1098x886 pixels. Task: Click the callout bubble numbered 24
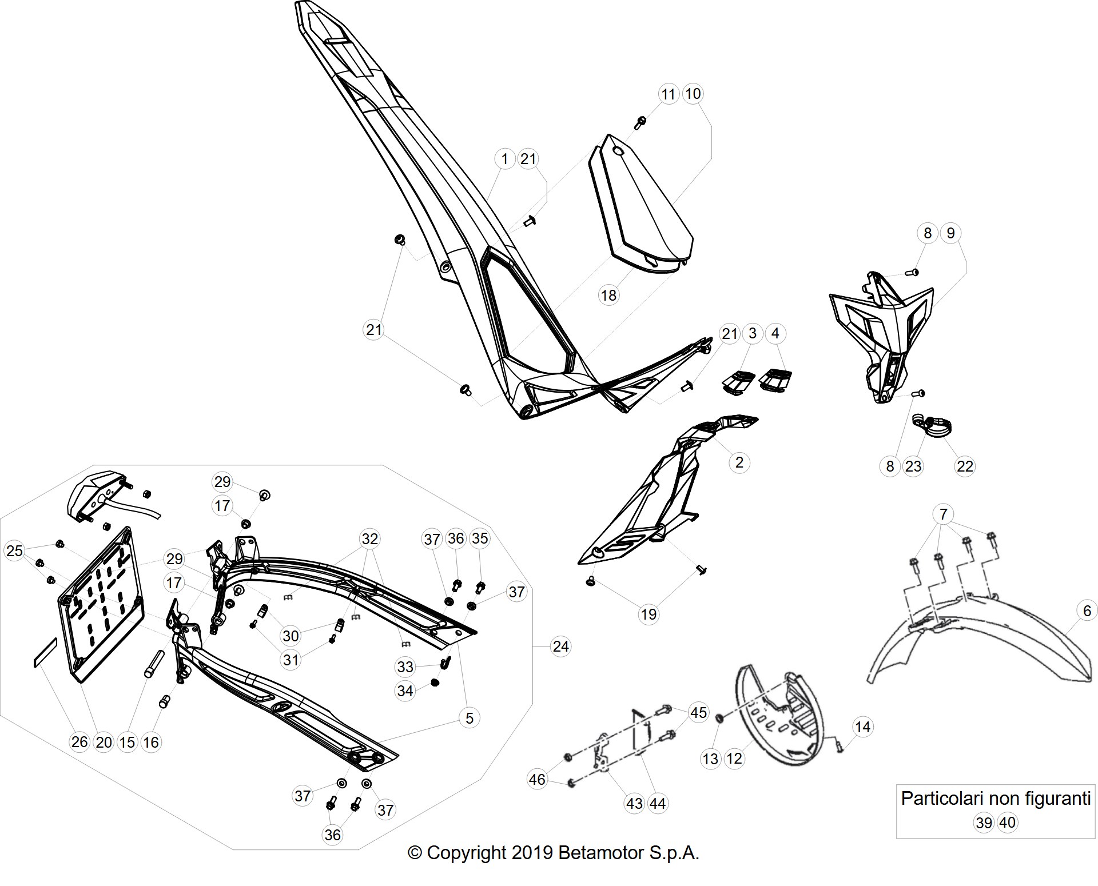click(x=560, y=646)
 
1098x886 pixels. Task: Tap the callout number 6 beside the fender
click(x=1087, y=610)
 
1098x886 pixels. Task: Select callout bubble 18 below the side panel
click(x=608, y=295)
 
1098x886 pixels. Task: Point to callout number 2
click(x=739, y=462)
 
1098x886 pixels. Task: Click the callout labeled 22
click(x=965, y=466)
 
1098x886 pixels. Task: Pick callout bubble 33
click(x=405, y=667)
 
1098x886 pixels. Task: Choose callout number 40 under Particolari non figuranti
click(x=1007, y=823)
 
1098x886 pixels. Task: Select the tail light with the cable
click(x=106, y=497)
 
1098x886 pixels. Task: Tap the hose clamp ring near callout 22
click(x=932, y=428)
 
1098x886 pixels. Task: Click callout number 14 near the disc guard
click(x=862, y=727)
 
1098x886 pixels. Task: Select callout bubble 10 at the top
click(x=693, y=94)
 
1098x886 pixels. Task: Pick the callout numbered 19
click(x=648, y=614)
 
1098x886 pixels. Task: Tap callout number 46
click(x=537, y=780)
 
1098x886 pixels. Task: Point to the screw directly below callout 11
click(x=640, y=122)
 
